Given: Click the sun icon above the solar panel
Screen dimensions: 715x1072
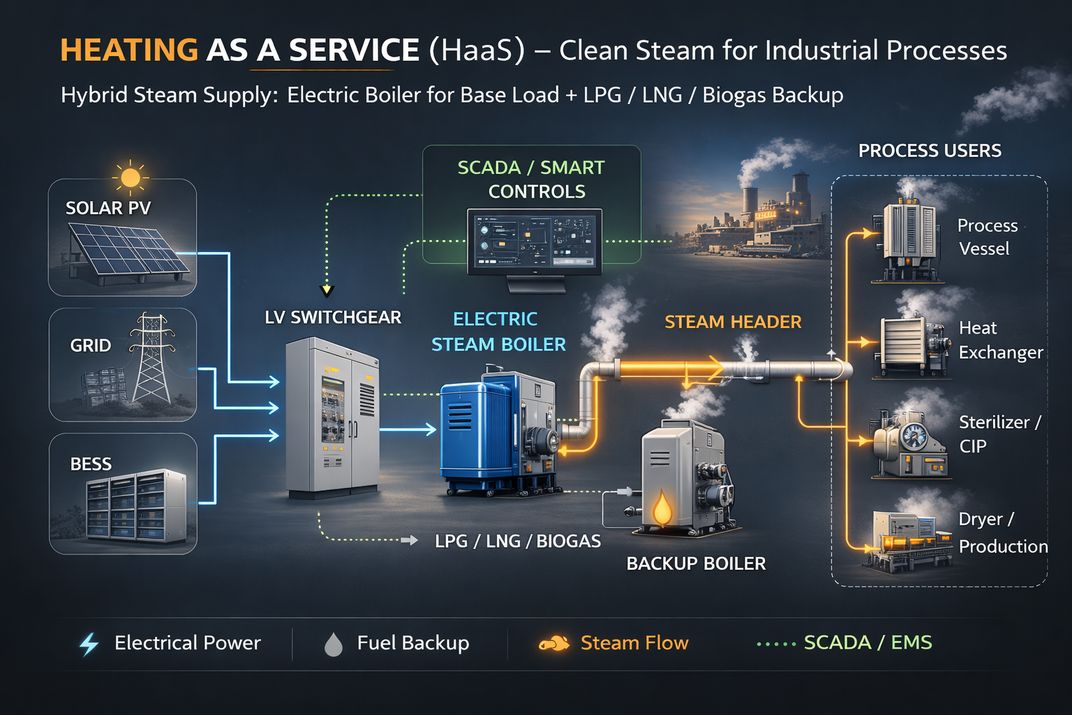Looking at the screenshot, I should [x=130, y=177].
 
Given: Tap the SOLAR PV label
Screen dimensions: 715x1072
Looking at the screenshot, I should [x=108, y=208].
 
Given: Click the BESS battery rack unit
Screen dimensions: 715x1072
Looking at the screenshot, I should [x=136, y=505].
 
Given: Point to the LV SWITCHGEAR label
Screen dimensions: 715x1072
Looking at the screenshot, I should [x=333, y=318].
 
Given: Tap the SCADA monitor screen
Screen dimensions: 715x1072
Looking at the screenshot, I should [x=534, y=239].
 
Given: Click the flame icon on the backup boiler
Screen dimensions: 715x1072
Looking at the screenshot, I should [x=662, y=508].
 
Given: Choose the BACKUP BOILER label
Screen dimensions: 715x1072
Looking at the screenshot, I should [x=696, y=563].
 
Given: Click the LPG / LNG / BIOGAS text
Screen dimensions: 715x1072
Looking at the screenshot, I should [x=517, y=541].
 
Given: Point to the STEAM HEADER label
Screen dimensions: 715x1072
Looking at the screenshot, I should [x=733, y=322].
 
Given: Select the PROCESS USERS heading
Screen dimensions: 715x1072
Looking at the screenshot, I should [x=930, y=151].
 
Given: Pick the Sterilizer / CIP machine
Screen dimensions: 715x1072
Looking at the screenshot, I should [x=909, y=444].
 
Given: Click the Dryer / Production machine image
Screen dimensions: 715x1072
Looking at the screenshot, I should [x=907, y=541].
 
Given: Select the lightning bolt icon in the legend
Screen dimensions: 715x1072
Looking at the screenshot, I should [x=89, y=644].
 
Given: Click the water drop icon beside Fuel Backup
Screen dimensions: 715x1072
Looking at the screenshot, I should [x=334, y=644].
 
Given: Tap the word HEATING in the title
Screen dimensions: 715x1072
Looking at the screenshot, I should [x=129, y=50].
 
